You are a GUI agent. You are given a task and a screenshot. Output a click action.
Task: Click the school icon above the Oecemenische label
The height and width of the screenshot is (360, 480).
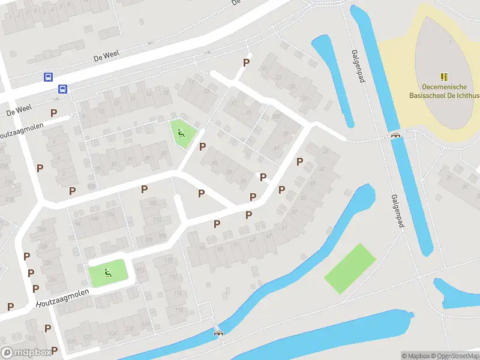pyautogui.click(x=444, y=77)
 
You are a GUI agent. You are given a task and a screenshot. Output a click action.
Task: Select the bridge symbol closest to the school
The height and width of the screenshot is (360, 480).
pyautogui.click(x=395, y=135)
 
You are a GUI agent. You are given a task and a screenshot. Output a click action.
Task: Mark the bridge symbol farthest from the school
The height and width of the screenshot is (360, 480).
pyautogui.click(x=218, y=332)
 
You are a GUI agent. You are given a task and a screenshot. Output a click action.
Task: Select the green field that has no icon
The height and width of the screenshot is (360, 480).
pyautogui.click(x=350, y=268)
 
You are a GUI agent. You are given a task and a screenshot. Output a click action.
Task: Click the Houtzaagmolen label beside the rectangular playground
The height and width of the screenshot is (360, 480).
pyautogui.click(x=62, y=298)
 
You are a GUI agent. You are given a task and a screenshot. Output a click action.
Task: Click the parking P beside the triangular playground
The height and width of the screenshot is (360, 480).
pyautogui.click(x=202, y=146)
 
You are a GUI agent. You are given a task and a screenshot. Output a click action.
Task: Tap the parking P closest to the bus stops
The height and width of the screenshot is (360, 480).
pyautogui.click(x=53, y=112)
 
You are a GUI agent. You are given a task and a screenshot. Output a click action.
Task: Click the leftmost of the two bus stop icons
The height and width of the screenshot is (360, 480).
pyautogui.click(x=47, y=77)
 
